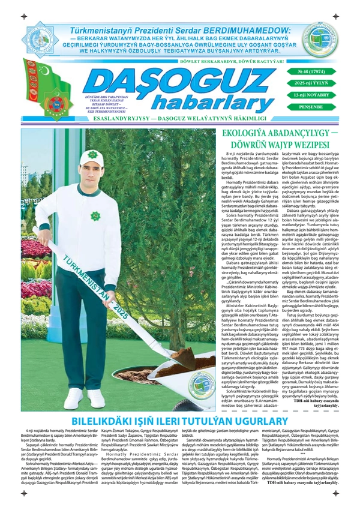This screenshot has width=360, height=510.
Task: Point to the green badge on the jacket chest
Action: click(x=96, y=215)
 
